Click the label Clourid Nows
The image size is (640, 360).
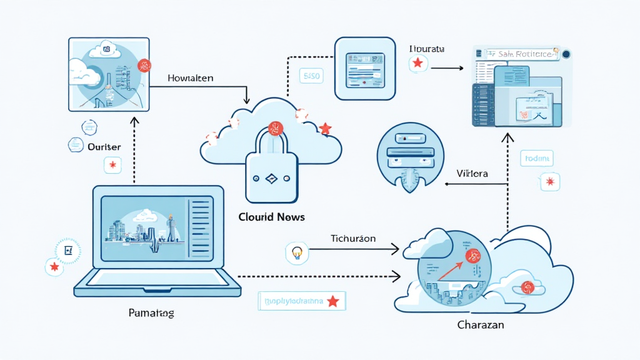[x=271, y=217]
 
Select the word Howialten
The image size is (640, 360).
[x=191, y=79]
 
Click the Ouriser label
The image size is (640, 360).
[x=104, y=146]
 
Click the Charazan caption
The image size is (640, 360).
[x=480, y=325]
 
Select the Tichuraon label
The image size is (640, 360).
[x=352, y=239]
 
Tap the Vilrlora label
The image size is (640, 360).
[x=472, y=173]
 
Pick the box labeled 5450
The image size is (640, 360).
[x=311, y=77]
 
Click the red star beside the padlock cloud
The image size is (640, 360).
[x=325, y=129]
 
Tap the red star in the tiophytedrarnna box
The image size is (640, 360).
[x=333, y=301]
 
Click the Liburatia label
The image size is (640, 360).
[x=427, y=47]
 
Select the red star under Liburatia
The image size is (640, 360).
[x=417, y=63]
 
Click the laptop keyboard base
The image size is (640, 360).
[x=157, y=286]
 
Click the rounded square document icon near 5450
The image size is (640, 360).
[x=366, y=68]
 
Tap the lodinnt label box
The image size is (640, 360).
[x=536, y=159]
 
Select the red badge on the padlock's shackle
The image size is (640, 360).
[x=275, y=129]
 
